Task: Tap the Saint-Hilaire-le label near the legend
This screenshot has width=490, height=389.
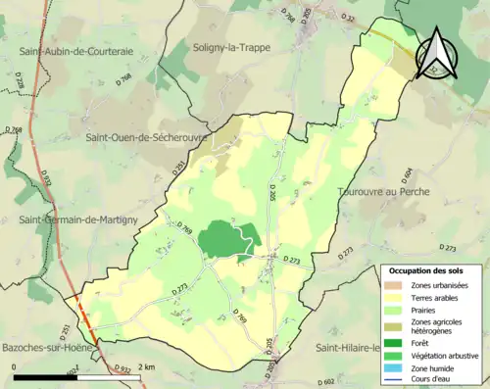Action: [x=348, y=348]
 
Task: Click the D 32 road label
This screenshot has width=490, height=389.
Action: [x=348, y=17]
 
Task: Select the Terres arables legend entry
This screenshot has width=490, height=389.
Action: [x=433, y=296]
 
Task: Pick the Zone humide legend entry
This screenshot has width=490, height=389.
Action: [x=432, y=369]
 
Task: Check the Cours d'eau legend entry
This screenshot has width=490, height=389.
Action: [x=433, y=381]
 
